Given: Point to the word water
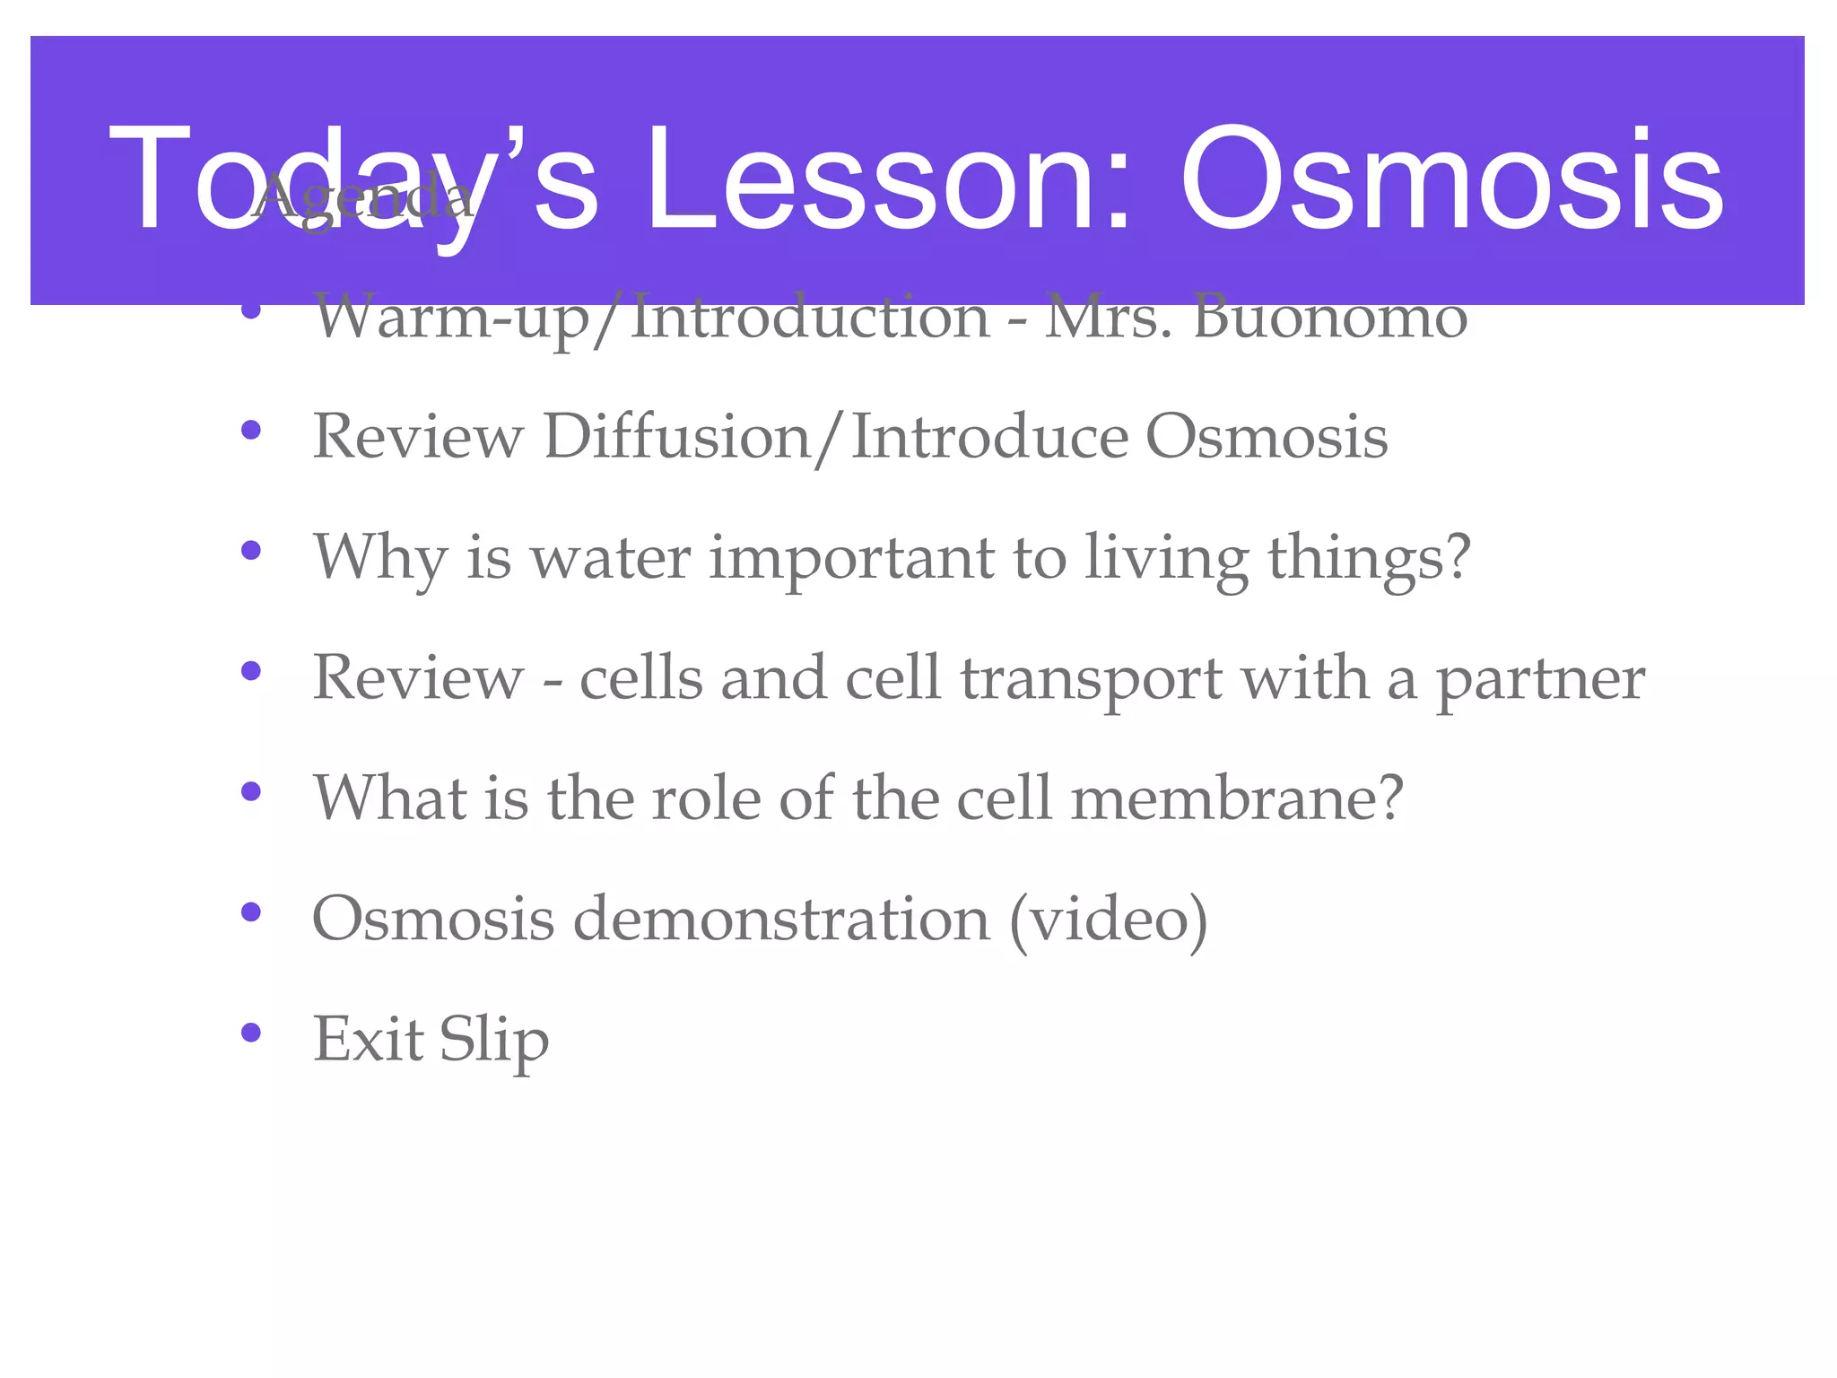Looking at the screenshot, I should pyautogui.click(x=610, y=557).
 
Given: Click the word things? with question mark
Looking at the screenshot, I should pyautogui.click(x=1369, y=559).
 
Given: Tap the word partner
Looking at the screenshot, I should pyautogui.click(x=1541, y=680).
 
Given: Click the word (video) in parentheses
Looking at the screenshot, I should pyautogui.click(x=1109, y=919).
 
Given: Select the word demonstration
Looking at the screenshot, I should pyautogui.click(x=780, y=919).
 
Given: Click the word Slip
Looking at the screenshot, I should pyautogui.click(x=493, y=1041).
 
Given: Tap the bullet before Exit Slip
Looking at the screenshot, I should pyautogui.click(x=251, y=1033).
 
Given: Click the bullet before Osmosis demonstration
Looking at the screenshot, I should pyautogui.click(x=251, y=911).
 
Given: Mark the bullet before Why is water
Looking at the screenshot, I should pyautogui.click(x=251, y=550).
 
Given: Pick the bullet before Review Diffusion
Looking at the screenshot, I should pyautogui.click(x=251, y=430).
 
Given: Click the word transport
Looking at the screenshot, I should pyautogui.click(x=1090, y=680).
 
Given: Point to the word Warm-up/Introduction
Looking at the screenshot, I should pyautogui.click(x=651, y=318).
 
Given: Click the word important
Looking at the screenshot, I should pyautogui.click(x=852, y=559).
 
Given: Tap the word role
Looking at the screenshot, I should pyautogui.click(x=705, y=798).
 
